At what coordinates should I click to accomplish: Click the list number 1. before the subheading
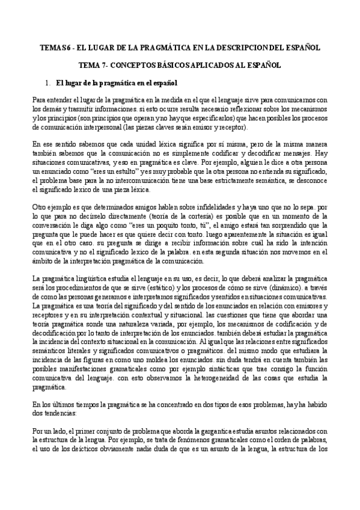[48, 83]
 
